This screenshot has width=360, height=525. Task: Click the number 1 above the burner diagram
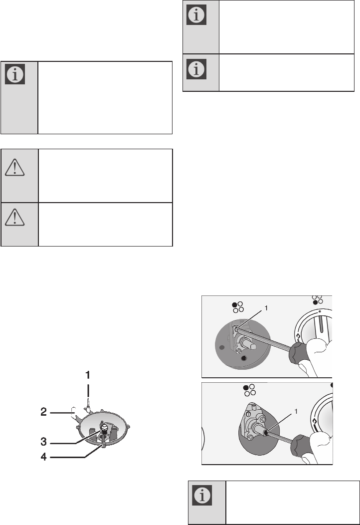88,374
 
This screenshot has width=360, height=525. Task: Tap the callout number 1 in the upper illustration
266,309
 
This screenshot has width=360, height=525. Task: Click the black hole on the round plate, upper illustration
244,358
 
